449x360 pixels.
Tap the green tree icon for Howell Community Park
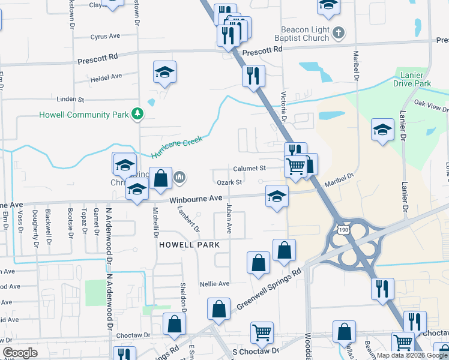(x=138, y=113)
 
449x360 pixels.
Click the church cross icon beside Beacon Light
(x=339, y=33)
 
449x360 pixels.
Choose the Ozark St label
(x=229, y=182)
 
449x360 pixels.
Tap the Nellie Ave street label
(x=215, y=283)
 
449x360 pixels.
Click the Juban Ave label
(x=228, y=218)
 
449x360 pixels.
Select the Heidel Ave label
(x=106, y=77)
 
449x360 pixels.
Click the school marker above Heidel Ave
(x=164, y=72)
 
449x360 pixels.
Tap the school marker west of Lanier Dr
(x=382, y=130)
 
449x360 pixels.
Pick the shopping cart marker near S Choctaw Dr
(x=262, y=332)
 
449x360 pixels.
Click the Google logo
(x=20, y=353)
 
